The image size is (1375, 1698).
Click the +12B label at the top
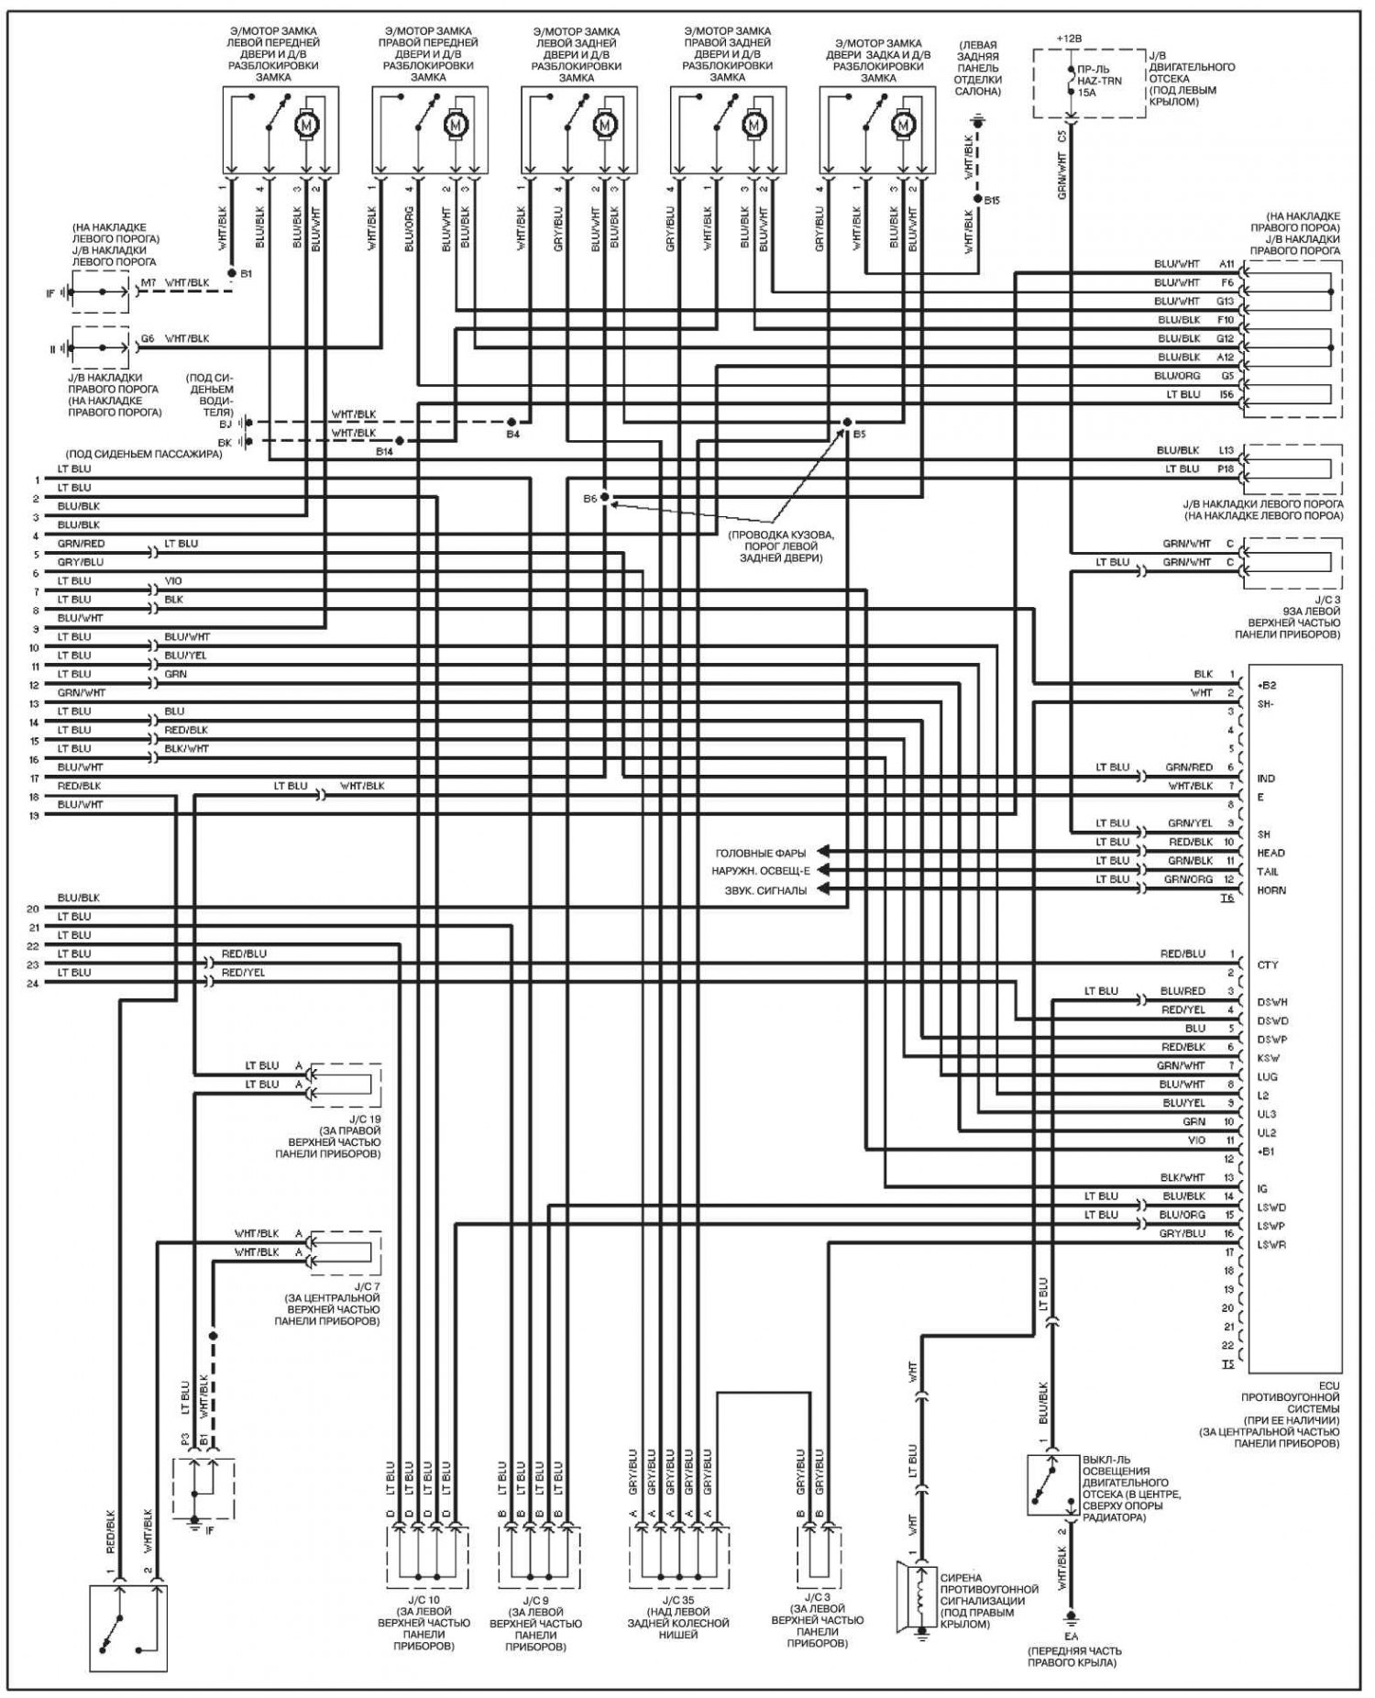(1068, 39)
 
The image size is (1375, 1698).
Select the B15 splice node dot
(977, 199)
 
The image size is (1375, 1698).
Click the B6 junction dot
(605, 497)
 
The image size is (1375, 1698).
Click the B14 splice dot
(399, 441)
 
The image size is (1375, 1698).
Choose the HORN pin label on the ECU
(1271, 890)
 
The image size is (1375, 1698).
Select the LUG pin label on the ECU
(1268, 1076)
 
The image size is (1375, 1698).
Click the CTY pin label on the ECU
(1268, 965)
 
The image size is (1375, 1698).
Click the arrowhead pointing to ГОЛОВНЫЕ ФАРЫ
(822, 852)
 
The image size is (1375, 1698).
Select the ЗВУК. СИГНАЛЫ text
(760, 890)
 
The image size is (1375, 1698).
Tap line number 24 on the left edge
(34, 983)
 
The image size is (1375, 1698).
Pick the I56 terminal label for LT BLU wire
(1226, 394)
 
